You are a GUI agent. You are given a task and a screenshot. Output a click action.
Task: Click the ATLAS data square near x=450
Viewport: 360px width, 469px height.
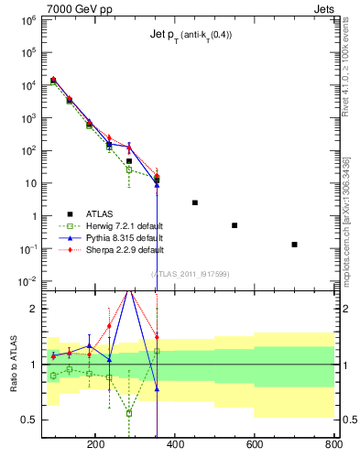tap(195, 202)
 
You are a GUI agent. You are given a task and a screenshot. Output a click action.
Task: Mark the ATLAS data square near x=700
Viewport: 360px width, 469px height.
tap(294, 245)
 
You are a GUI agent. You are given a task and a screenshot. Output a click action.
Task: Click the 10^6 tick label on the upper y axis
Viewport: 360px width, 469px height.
tap(27, 19)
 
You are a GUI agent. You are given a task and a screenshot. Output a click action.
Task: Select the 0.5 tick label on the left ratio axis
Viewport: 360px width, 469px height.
tap(28, 420)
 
